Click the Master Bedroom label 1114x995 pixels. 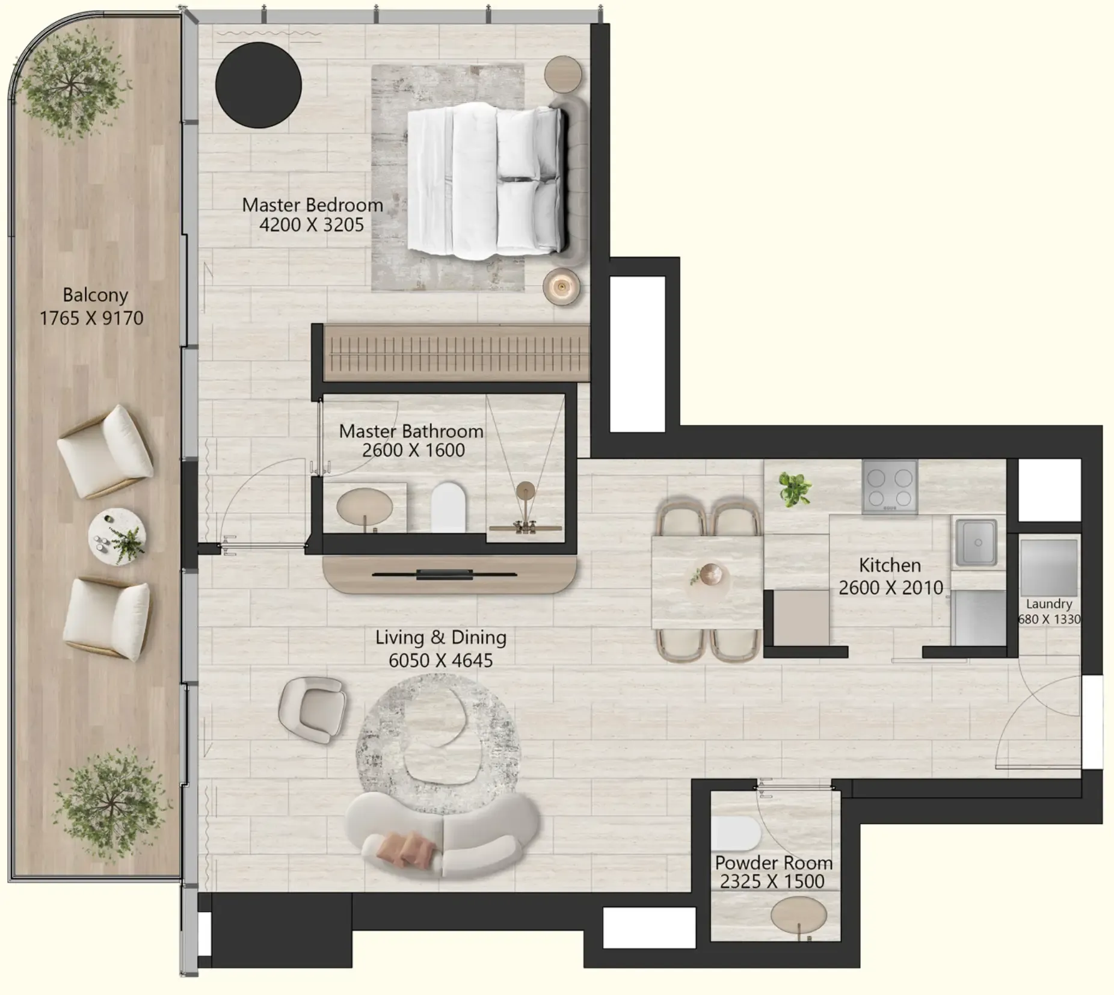[x=312, y=205]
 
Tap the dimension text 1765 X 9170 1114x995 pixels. [x=91, y=318]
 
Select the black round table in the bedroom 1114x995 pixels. [x=258, y=85]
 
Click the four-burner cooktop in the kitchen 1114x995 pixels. [x=890, y=487]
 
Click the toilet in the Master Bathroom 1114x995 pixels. [x=449, y=507]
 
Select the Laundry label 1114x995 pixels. [x=1048, y=604]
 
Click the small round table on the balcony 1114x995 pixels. [x=117, y=537]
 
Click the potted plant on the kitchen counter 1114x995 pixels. [x=795, y=488]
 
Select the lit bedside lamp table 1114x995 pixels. [x=561, y=286]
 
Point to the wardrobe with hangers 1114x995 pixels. [x=455, y=353]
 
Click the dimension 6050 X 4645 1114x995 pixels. [x=440, y=661]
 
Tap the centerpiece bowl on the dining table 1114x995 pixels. [x=710, y=573]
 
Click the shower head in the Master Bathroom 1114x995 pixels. [x=526, y=491]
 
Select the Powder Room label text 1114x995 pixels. [x=774, y=863]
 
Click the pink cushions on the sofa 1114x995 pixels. [x=405, y=847]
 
